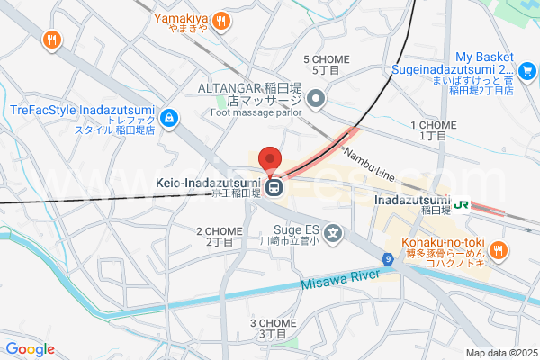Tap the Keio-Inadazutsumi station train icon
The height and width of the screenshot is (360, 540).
tap(279, 188)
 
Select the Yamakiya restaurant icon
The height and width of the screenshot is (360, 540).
tap(222, 21)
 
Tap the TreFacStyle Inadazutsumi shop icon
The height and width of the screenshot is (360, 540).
tap(168, 118)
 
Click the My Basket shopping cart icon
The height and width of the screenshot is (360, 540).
tap(528, 69)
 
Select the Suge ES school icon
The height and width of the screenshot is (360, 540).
tap(333, 234)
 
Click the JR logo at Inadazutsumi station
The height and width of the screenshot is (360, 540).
tap(462, 204)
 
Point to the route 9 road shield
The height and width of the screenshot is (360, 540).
tap(387, 259)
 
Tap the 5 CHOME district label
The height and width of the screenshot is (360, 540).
tap(327, 64)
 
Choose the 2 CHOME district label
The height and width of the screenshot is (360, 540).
tap(219, 236)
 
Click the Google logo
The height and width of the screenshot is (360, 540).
tap(30, 349)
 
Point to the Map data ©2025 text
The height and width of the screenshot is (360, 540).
tap(499, 353)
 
